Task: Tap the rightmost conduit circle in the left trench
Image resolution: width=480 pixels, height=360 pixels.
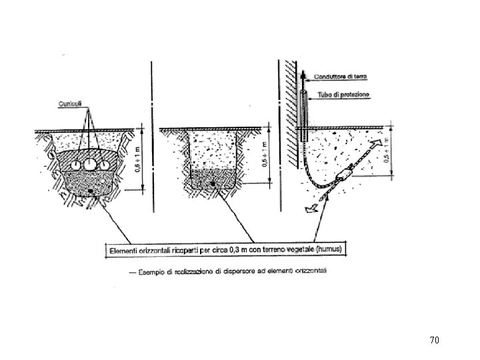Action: click(105, 163)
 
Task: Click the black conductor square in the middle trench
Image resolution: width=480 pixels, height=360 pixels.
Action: click(212, 183)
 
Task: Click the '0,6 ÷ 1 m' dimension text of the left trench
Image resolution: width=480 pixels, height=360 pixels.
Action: click(138, 159)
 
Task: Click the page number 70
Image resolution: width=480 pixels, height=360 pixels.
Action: click(434, 341)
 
